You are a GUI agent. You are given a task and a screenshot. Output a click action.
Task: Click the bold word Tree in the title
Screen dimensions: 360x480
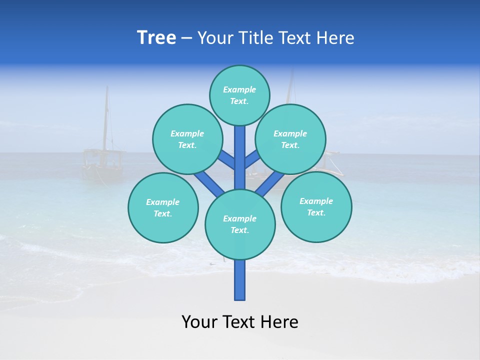[x=156, y=37]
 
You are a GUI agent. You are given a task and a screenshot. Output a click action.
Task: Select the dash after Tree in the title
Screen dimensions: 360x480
[x=187, y=38]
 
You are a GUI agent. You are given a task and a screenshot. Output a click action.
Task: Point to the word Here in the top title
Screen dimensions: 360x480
[x=336, y=38]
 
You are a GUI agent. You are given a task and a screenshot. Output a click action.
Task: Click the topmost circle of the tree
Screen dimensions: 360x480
[x=239, y=95]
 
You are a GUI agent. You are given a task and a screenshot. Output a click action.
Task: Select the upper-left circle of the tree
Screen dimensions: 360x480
[x=187, y=139]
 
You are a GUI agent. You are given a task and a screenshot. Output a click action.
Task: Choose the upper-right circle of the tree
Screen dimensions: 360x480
[x=290, y=139]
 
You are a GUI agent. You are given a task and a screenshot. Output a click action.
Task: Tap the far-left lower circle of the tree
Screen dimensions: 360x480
[x=163, y=207]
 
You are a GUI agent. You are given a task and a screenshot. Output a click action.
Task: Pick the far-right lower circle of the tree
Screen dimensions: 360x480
[x=316, y=206]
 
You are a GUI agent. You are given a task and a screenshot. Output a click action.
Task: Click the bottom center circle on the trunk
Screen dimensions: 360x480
[x=240, y=224]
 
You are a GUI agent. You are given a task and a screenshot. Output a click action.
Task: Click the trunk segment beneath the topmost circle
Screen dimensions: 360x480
[x=240, y=150]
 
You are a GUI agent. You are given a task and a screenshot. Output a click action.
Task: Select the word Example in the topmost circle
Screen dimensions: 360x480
[x=239, y=90]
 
